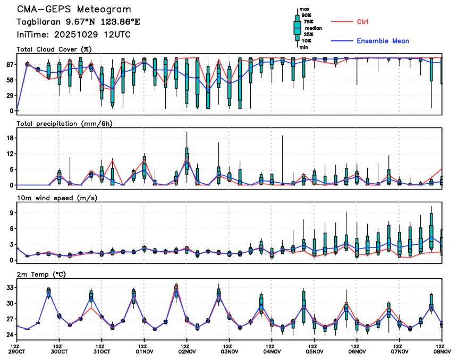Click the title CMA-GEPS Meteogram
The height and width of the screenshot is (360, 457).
point(74,10)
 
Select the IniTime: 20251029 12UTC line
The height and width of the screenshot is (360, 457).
point(73,34)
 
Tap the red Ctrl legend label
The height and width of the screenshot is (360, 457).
point(362,22)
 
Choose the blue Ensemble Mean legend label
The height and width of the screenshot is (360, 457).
point(383,41)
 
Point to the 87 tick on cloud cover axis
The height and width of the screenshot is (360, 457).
point(10,65)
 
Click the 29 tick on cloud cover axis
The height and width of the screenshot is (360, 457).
point(10,96)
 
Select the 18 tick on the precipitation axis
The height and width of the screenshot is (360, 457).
point(10,138)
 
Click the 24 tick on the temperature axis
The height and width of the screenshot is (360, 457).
point(10,335)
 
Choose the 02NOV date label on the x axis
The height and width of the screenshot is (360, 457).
point(187,352)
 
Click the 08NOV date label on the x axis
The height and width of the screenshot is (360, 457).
point(441,352)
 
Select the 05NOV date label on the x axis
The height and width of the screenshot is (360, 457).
point(314,352)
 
